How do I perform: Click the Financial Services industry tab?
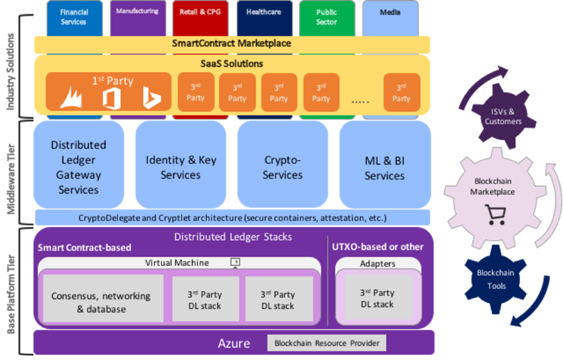(74, 17)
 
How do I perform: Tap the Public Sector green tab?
(327, 17)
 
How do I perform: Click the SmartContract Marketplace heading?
(231, 44)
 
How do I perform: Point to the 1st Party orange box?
(108, 91)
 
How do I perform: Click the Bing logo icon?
(152, 97)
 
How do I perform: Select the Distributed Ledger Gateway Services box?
(79, 167)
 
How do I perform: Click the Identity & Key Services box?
(180, 167)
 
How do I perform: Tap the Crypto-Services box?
(283, 167)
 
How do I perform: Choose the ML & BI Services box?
(385, 167)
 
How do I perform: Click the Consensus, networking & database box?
(101, 302)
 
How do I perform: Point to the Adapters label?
(378, 264)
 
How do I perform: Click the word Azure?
(234, 343)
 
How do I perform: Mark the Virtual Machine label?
(177, 263)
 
